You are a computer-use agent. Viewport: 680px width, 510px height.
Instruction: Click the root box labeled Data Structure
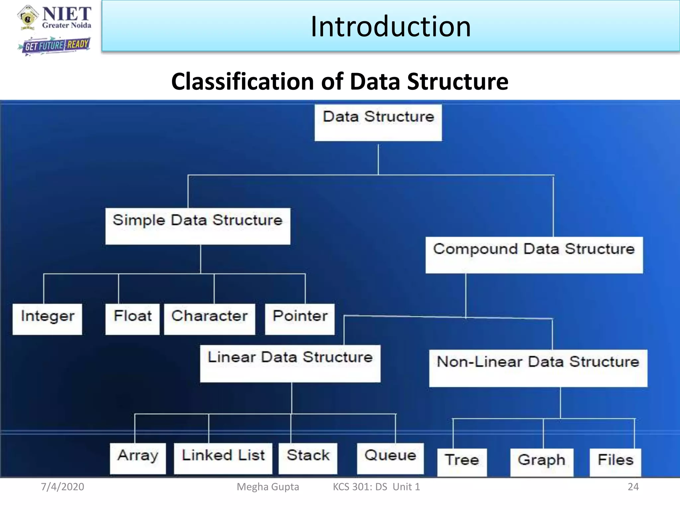(378, 123)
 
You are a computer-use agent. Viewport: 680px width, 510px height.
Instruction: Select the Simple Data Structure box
(198, 226)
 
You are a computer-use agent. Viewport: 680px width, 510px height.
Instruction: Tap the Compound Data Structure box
(534, 255)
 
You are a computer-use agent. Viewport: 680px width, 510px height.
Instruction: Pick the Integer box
(47, 319)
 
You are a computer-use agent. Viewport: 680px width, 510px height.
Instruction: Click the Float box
(132, 319)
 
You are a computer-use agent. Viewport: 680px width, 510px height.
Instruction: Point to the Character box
(210, 319)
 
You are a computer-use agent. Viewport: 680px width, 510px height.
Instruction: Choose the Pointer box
(299, 319)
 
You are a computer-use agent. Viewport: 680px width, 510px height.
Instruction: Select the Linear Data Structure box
(290, 363)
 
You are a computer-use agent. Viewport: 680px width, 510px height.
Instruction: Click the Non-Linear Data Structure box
(538, 368)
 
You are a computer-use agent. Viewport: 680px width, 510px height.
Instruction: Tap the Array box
(138, 458)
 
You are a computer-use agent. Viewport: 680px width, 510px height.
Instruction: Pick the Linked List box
(223, 458)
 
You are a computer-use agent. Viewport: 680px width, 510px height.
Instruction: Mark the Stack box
(308, 458)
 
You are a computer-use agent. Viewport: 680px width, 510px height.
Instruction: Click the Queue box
(390, 458)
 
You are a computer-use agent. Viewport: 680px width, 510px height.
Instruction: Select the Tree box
(462, 462)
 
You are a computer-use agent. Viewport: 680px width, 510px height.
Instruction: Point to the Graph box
(542, 462)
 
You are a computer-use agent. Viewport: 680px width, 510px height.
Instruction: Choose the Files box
(615, 462)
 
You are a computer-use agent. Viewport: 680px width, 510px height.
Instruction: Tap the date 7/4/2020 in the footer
(62, 487)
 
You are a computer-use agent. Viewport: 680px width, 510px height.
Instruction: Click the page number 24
(633, 487)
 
